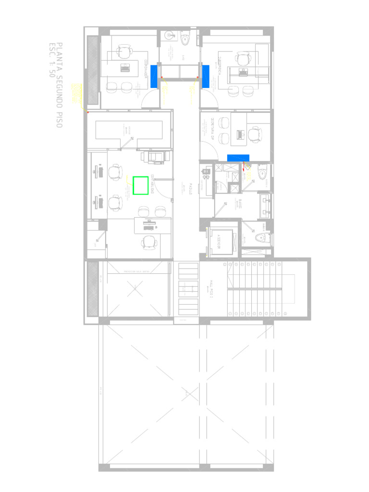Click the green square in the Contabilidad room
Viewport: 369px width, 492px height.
coord(140,185)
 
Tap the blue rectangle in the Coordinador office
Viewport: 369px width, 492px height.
coord(154,76)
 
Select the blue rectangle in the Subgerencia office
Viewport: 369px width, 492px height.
coord(206,76)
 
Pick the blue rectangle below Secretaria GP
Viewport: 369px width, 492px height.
coord(238,158)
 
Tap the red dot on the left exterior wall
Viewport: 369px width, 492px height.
coord(87,112)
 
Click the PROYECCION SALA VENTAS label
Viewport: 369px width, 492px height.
coord(137,271)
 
